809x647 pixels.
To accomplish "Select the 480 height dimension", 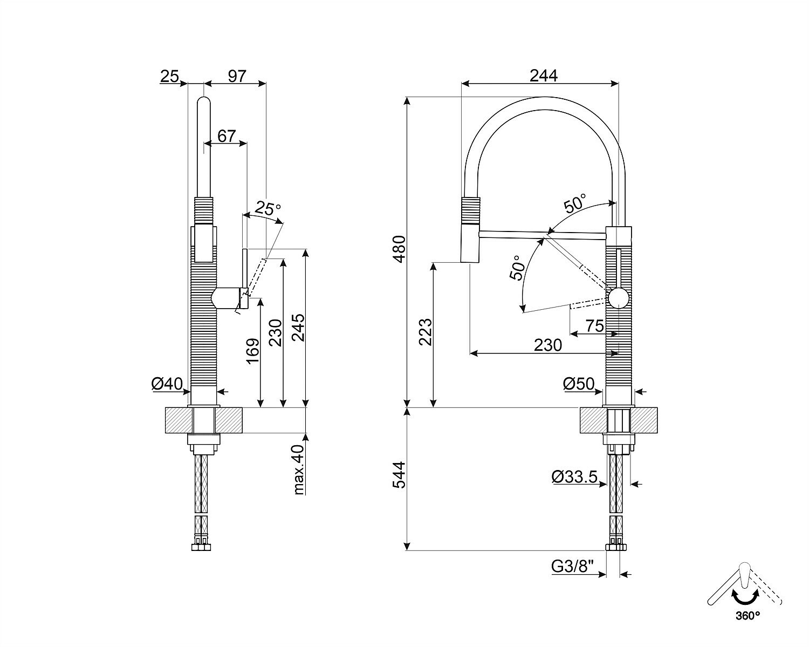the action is (399, 249).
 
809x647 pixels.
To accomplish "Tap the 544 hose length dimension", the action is (399, 475).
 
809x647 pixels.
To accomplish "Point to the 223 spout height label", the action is (426, 332).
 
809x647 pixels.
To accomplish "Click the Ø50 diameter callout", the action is (579, 384).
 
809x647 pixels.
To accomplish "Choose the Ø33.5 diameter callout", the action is (574, 477).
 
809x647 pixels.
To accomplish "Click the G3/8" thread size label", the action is (572, 566).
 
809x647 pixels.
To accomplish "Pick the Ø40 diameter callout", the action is (167, 384).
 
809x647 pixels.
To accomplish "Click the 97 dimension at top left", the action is (237, 76).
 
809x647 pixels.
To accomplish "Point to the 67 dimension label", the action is (227, 136).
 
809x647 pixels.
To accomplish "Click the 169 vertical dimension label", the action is (252, 351).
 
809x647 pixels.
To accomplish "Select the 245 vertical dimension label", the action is (298, 327).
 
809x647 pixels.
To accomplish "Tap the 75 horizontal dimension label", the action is (595, 326).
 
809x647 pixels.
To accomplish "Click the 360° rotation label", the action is (748, 626).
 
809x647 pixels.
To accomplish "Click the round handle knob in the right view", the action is (618, 298).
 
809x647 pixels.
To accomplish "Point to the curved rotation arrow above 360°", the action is (744, 608).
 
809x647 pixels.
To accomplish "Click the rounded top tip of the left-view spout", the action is (204, 99).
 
